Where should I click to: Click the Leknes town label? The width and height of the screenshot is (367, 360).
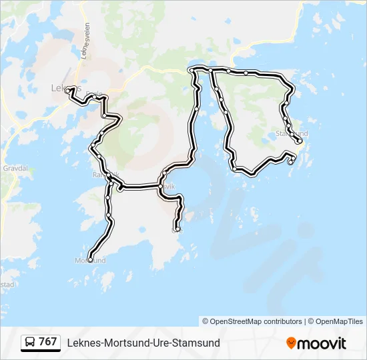(x=65, y=87)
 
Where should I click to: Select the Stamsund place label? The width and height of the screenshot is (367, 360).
(x=292, y=134)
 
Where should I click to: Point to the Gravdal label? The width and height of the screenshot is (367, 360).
(x=14, y=169)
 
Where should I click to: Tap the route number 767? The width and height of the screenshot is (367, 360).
(x=48, y=342)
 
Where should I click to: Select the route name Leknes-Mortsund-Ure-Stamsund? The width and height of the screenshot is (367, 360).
(x=143, y=343)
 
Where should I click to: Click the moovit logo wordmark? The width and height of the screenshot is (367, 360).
(x=322, y=343)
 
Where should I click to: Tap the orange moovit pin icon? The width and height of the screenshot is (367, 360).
(x=291, y=343)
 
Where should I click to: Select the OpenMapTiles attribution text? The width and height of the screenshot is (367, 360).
(x=338, y=321)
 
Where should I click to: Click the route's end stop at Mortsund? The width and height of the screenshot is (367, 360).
(x=89, y=259)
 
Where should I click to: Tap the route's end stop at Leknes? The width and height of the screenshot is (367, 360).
(x=67, y=90)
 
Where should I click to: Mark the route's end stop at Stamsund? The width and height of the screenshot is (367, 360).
(x=300, y=141)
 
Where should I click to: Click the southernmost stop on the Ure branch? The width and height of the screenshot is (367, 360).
(x=177, y=230)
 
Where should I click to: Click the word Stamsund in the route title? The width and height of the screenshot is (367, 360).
(x=198, y=343)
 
